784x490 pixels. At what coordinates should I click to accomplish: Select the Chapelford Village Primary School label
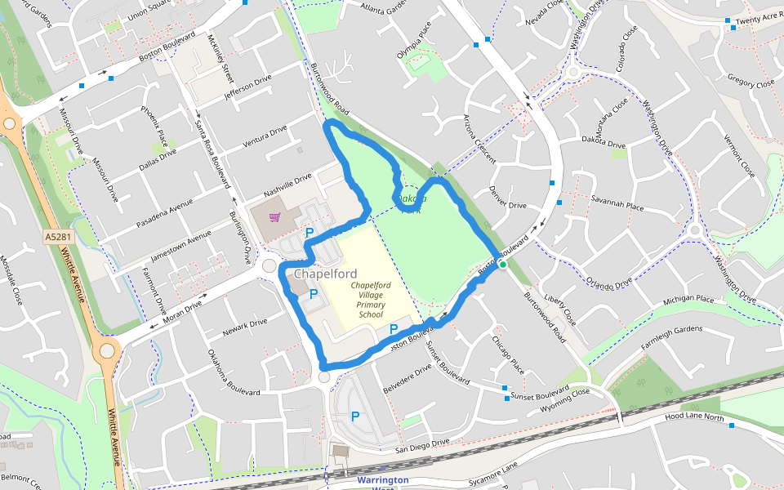point(371,299)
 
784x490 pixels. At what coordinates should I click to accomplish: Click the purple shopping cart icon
point(275,217)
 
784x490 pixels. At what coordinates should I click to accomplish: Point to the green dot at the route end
point(503,265)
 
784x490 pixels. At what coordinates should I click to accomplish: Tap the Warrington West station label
point(381,481)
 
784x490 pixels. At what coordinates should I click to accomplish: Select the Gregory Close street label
point(751,82)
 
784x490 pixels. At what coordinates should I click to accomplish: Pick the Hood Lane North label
point(694,417)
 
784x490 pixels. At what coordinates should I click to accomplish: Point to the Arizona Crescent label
point(479,139)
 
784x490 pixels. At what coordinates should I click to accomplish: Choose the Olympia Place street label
point(414,41)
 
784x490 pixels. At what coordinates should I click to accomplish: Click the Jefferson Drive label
point(247,88)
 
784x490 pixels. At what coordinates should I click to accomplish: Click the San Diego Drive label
point(422,446)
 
